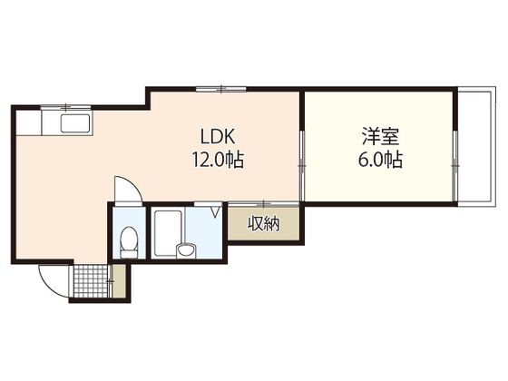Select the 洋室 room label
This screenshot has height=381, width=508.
378,139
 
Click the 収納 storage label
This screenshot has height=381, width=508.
265,222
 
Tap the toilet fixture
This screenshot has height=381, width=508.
129,241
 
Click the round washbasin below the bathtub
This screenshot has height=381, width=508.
187,249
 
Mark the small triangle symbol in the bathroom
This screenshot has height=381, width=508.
215,213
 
